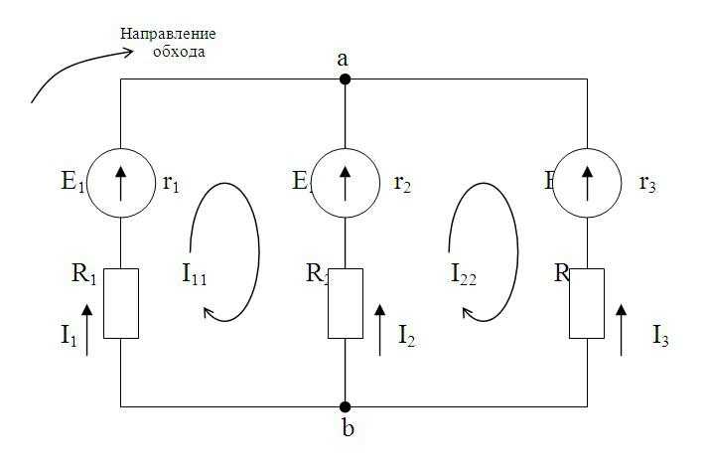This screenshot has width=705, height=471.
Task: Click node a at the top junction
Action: click(x=345, y=78)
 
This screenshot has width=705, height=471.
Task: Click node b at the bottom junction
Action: click(x=345, y=406)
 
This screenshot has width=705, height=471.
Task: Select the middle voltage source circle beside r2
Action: click(x=345, y=182)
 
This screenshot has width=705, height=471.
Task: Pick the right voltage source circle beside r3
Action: click(x=587, y=182)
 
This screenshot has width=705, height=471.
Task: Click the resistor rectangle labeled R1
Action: click(x=120, y=303)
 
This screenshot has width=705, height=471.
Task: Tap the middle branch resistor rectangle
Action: click(x=345, y=303)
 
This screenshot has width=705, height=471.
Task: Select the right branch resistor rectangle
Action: click(x=587, y=303)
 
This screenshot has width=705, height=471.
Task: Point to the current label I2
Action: click(x=407, y=336)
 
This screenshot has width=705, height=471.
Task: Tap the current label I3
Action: click(x=660, y=336)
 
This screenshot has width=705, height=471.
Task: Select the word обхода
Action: click(x=179, y=51)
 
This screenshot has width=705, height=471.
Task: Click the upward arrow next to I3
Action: click(x=622, y=330)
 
